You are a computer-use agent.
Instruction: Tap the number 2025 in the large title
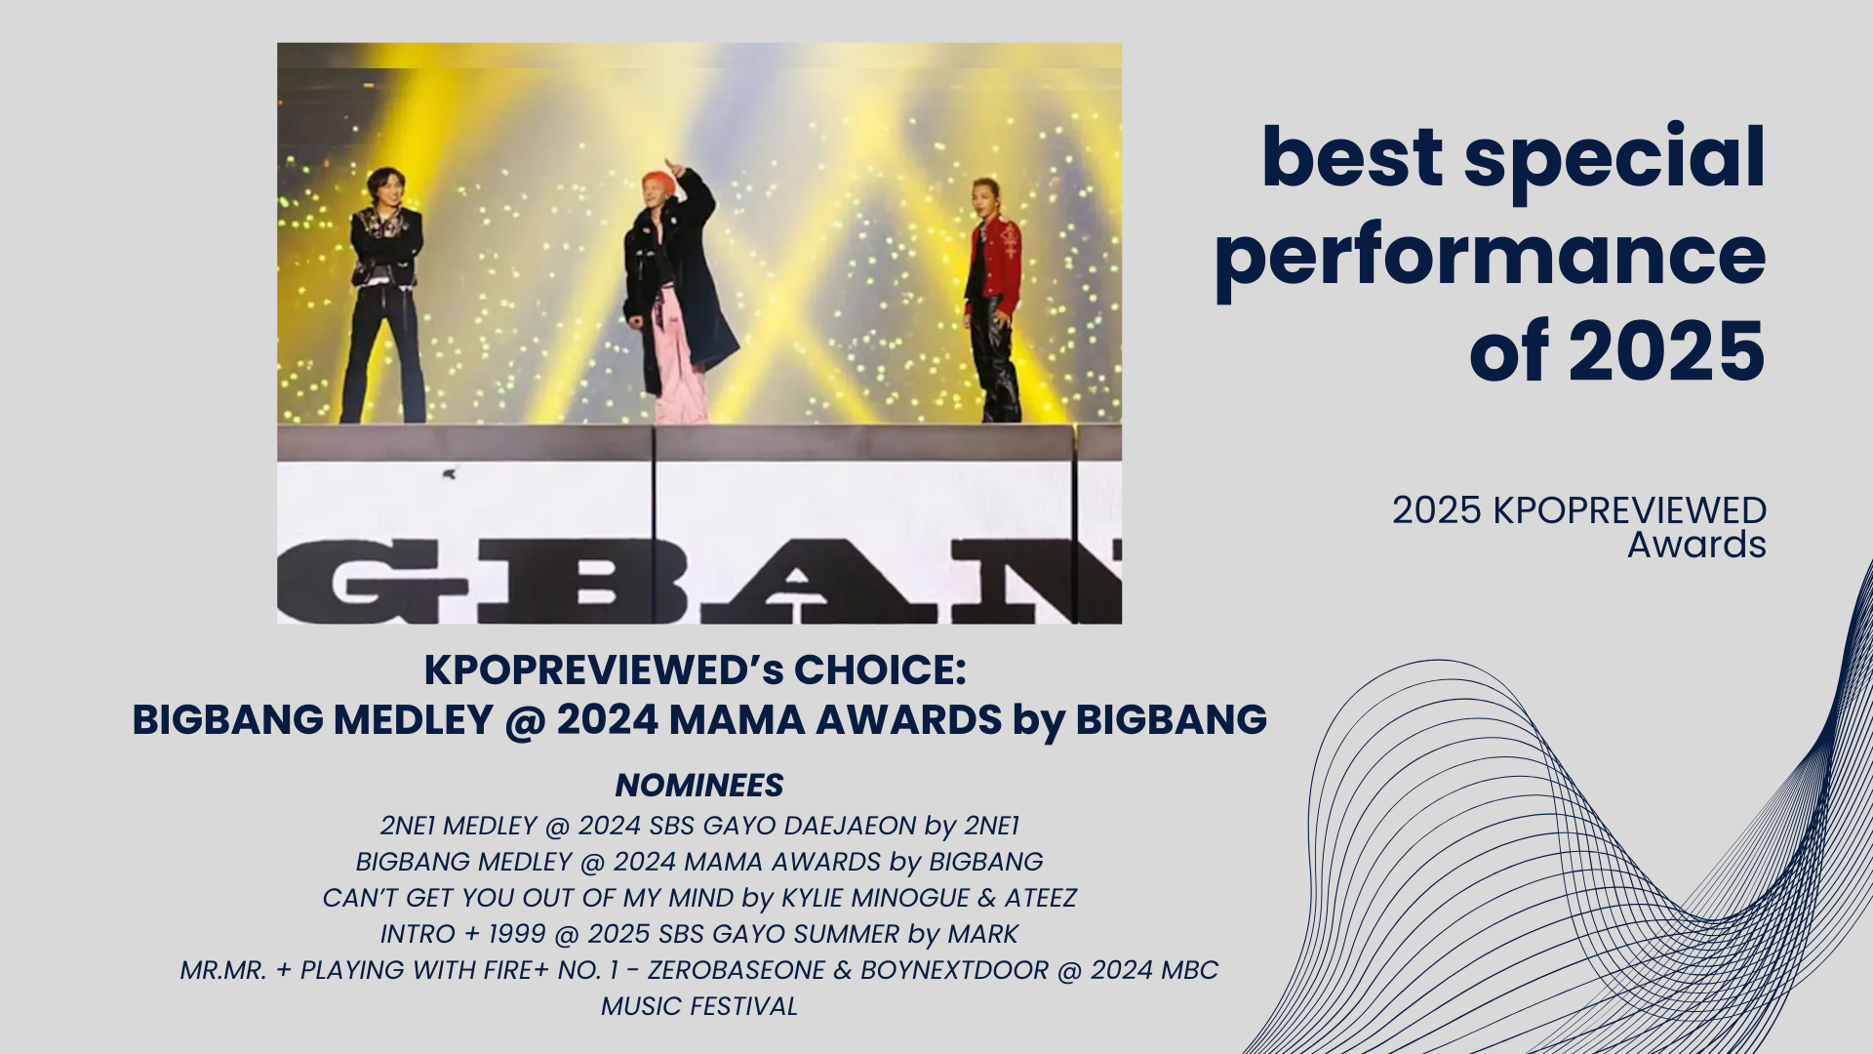[x=1666, y=351]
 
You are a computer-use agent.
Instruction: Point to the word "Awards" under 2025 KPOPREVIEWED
[x=1696, y=545]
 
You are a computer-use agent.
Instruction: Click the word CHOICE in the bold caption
[x=880, y=670]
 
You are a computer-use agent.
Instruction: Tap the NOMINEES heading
[x=699, y=786]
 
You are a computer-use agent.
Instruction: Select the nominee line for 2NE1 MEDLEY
[x=699, y=826]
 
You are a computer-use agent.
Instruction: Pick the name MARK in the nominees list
[x=982, y=934]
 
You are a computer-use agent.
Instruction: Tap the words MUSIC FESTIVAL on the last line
[x=699, y=1006]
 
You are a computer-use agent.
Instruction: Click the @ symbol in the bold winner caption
[x=525, y=720]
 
